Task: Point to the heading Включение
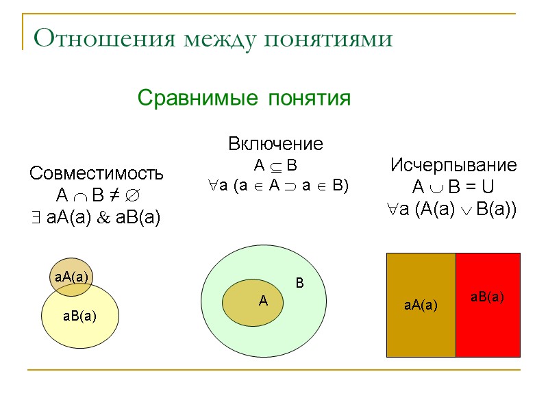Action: tap(275, 144)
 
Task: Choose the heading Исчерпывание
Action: tap(453, 165)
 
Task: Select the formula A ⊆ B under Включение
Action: tap(275, 165)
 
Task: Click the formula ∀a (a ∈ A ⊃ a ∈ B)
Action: tap(277, 185)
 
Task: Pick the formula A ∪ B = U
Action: tap(453, 187)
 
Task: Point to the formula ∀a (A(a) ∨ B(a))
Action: tap(453, 209)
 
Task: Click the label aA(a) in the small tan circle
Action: tap(71, 277)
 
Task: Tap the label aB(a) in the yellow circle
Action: tap(79, 316)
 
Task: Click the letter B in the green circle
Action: tap(299, 282)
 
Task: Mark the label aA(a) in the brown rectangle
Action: tap(421, 305)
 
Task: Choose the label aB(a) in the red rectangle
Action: tap(487, 297)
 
